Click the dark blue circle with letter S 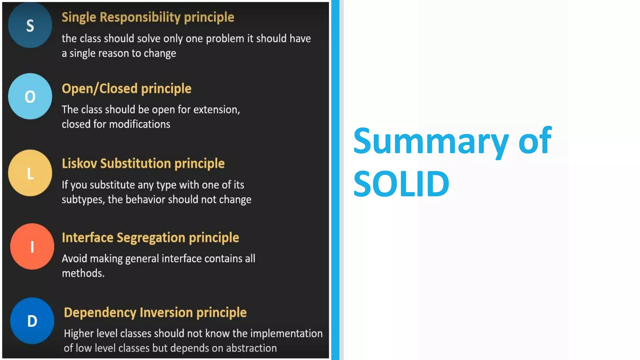(30, 25)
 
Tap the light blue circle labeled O (30, 96)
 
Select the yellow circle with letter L (30, 173)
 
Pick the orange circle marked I (32, 247)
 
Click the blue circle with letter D (32, 321)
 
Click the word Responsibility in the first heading (140, 17)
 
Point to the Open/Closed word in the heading (100, 89)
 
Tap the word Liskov (79, 163)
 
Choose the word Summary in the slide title (431, 141)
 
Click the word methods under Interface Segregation (83, 273)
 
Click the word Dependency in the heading (100, 313)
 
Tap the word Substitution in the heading (135, 163)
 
